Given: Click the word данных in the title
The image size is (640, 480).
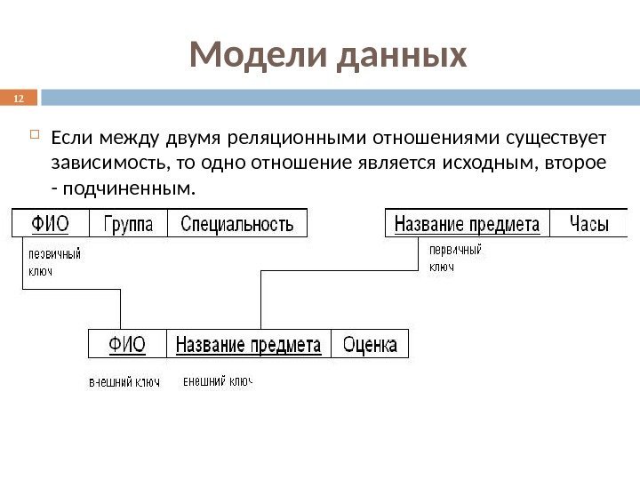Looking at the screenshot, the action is (403, 56).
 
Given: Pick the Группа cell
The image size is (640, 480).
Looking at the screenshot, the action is (128, 223).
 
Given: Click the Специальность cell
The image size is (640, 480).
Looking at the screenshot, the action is (236, 223).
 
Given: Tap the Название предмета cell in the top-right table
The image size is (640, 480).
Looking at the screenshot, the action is (467, 223).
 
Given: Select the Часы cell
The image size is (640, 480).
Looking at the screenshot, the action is (589, 223).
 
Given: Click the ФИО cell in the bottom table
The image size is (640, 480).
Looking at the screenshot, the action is (127, 343).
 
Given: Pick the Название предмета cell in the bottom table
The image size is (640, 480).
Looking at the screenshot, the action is (248, 343).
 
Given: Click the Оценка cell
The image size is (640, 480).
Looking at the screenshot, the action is (370, 343).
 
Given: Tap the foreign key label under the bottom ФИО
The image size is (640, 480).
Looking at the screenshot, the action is (124, 382).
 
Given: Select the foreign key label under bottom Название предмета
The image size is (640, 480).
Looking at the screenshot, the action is (218, 381).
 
